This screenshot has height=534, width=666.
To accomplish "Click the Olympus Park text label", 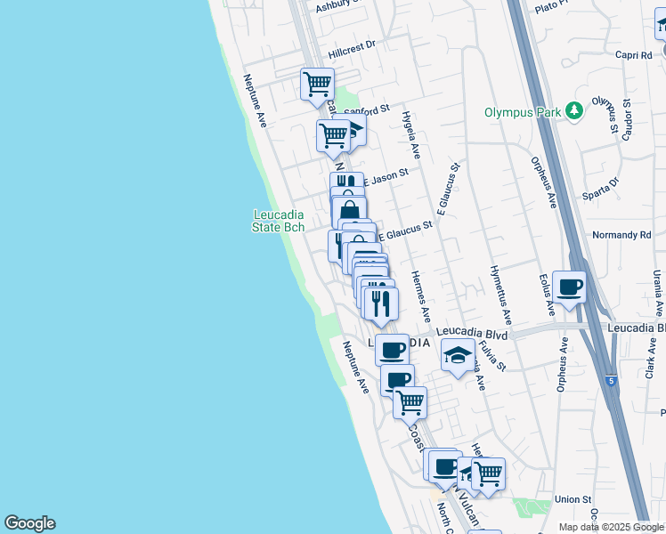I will click(x=523, y=112).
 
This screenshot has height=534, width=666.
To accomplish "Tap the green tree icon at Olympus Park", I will click(x=576, y=110).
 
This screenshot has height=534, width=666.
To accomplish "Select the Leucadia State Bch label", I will click(x=279, y=221).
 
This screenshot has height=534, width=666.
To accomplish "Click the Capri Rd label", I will click(x=633, y=55).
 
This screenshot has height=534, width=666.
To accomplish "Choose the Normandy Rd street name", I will click(x=621, y=235).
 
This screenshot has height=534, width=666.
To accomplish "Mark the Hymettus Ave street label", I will click(x=500, y=294).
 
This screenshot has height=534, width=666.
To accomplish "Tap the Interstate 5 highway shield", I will click(x=612, y=381).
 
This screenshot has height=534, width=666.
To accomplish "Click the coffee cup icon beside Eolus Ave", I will click(x=569, y=287).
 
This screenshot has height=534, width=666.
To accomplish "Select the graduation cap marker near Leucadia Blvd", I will click(x=458, y=356).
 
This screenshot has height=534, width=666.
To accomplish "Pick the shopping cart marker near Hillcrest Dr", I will click(x=317, y=85).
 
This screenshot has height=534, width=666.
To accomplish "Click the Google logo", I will click(x=29, y=523).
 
